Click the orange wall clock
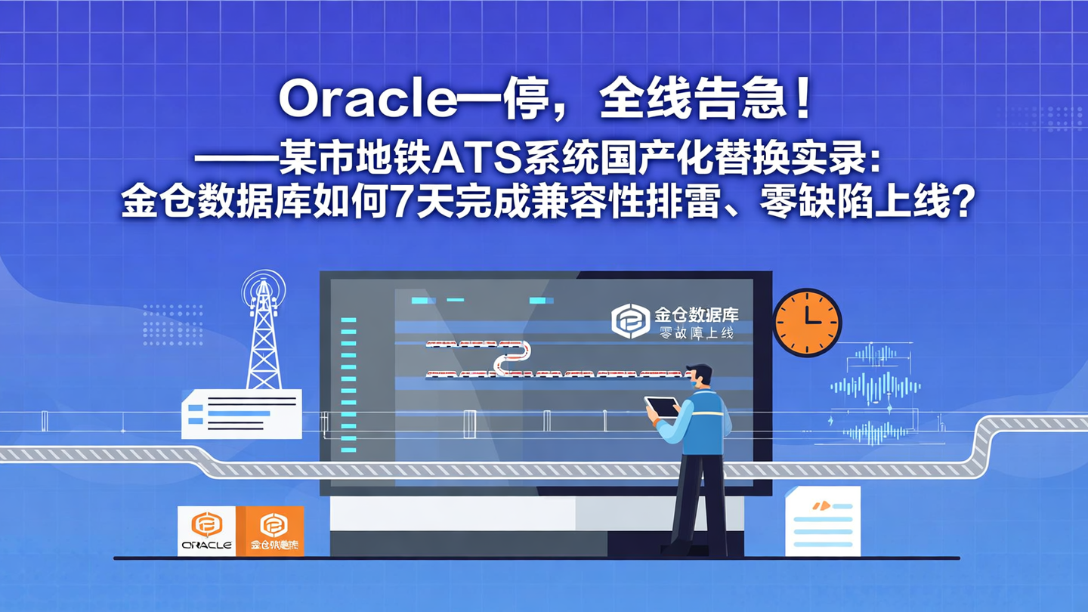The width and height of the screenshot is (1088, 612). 807,323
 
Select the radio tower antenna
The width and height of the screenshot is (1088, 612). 264,332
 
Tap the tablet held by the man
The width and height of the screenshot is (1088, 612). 662,406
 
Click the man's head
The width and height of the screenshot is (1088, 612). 700,378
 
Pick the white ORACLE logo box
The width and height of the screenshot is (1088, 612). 206,531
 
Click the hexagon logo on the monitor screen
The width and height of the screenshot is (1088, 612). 630,321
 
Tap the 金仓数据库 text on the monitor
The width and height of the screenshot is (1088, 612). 696,314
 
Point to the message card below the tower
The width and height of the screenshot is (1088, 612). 241,414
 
